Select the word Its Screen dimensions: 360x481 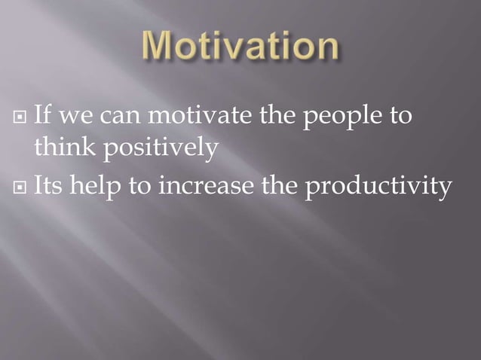(49, 184)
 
